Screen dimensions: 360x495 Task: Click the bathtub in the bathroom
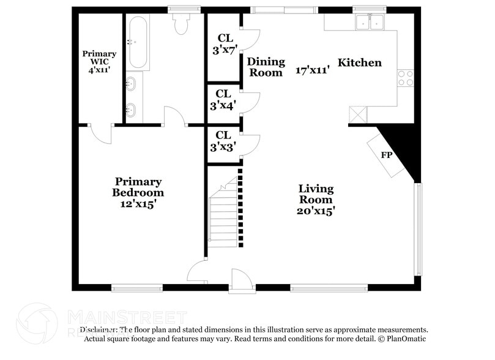pos(137,42)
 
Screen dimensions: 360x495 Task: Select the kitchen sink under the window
pos(370,23)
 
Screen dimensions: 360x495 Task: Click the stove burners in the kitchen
pos(405,78)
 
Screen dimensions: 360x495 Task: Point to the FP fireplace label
pos(387,155)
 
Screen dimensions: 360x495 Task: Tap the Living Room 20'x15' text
pos(316,199)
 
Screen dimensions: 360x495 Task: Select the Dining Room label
pos(266,67)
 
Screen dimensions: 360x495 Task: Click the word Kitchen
pos(360,62)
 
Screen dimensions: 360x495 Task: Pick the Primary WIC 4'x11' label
pos(99,62)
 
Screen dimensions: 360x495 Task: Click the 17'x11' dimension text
pos(313,70)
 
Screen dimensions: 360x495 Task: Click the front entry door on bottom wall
pos(241,280)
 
